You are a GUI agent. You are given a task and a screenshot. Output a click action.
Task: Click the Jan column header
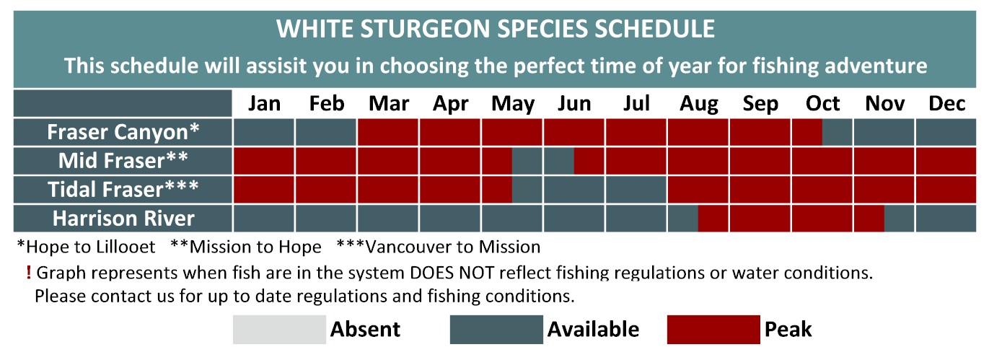264,104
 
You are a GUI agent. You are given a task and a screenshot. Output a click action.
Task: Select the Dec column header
946,104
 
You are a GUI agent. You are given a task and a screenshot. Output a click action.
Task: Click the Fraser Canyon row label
123,132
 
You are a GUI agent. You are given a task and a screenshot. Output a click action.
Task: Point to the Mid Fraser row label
123,160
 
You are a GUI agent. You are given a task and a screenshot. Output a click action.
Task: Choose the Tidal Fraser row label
123,189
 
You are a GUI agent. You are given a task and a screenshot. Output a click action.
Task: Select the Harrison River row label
123,218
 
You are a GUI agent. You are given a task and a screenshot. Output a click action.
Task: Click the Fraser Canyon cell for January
263,132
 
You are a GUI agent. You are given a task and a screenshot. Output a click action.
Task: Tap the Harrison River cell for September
760,218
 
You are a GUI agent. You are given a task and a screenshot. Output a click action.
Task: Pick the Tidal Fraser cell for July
636,190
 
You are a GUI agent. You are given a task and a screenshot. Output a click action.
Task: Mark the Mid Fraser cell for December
946,161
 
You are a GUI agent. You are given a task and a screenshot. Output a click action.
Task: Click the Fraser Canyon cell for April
449,132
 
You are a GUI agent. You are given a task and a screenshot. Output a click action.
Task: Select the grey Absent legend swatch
279,330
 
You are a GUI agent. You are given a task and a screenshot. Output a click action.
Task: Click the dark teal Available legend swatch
496,330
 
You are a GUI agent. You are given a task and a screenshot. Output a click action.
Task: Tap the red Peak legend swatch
713,330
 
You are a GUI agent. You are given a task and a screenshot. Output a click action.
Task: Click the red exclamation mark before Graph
29,273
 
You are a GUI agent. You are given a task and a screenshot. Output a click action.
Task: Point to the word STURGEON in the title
426,29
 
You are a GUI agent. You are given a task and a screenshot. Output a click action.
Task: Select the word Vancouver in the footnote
403,247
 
